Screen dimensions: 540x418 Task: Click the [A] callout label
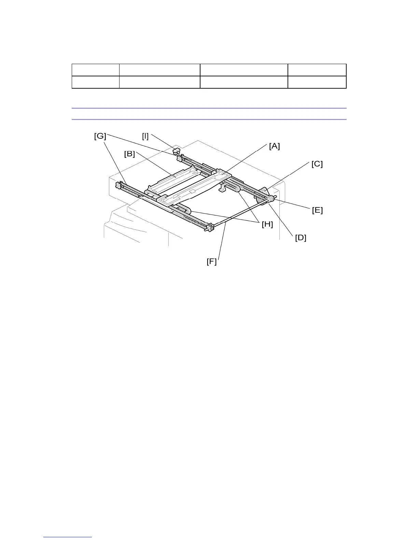tap(274, 146)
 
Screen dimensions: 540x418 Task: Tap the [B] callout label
tap(129, 154)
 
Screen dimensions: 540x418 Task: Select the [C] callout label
tap(317, 164)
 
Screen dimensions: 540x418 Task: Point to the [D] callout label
tap(301, 238)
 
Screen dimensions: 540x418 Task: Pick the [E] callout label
tap(317, 210)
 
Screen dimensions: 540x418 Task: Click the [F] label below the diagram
tap(212, 261)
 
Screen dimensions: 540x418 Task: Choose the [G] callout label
tap(100, 136)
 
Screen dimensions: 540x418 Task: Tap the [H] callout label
tap(267, 224)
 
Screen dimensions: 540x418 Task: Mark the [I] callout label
tap(145, 136)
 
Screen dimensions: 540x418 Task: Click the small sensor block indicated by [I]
tap(176, 150)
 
